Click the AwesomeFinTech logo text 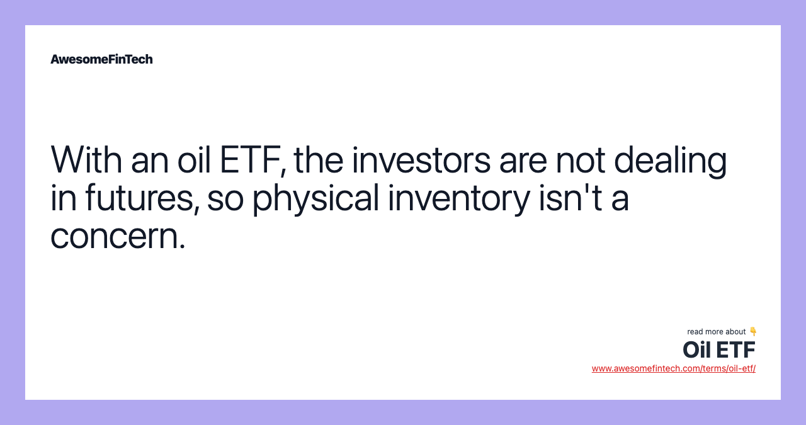(x=101, y=59)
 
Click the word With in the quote (x=86, y=160)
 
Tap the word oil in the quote (x=193, y=160)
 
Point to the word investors (x=421, y=160)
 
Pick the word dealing (x=671, y=161)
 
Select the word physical (x=315, y=199)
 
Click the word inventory (x=458, y=199)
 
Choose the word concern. (x=118, y=237)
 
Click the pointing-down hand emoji (x=753, y=331)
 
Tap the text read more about (x=716, y=332)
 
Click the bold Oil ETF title (x=718, y=349)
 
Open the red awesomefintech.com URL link (x=673, y=368)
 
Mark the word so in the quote (x=225, y=199)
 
